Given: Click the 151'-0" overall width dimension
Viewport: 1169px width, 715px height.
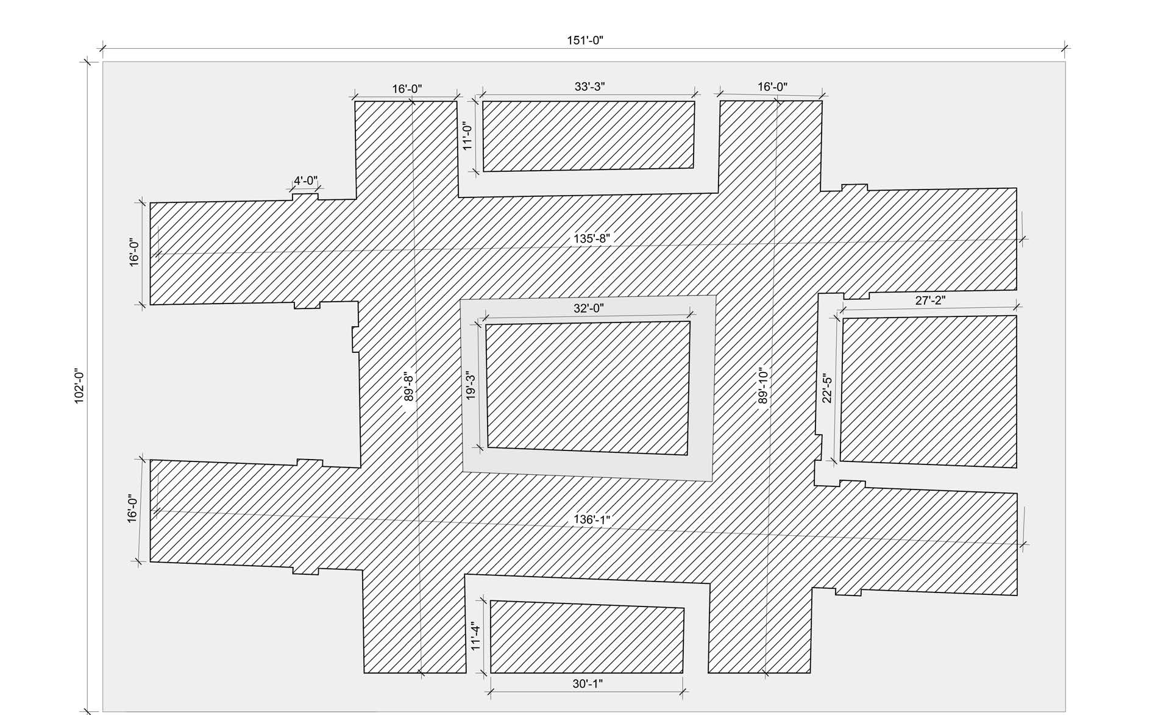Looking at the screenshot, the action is (585, 40).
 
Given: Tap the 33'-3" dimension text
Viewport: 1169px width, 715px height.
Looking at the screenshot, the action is (589, 87).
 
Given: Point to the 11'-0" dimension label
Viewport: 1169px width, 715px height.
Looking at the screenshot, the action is (467, 136).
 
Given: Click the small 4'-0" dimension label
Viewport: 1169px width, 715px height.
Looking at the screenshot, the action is (305, 181).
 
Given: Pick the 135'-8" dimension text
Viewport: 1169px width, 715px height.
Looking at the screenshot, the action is (592, 238).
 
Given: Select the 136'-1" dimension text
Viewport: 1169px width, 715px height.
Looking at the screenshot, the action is (592, 520).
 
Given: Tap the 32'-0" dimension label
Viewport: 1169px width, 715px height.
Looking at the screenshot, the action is (588, 308).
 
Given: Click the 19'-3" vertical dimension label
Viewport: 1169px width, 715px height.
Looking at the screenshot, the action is (471, 386).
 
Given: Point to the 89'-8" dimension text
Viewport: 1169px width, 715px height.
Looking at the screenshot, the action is (409, 386).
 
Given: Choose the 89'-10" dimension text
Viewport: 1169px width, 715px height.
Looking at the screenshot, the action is (762, 386).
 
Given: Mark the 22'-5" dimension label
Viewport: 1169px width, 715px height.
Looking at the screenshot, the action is (827, 388).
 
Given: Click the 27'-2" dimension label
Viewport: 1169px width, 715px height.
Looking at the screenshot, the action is (930, 301).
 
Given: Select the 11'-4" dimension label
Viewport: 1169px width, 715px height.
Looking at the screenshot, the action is (475, 636).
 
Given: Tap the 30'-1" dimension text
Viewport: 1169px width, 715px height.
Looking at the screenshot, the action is (588, 684).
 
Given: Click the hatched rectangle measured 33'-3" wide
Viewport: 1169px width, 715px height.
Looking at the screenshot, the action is (589, 135).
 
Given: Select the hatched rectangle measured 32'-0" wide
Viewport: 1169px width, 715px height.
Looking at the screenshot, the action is (588, 388).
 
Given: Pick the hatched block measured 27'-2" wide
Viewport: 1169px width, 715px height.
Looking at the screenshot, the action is (928, 391).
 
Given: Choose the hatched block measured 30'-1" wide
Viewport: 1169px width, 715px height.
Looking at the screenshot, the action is (587, 637).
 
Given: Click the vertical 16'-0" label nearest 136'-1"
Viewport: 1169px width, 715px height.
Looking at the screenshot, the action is (132, 508).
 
